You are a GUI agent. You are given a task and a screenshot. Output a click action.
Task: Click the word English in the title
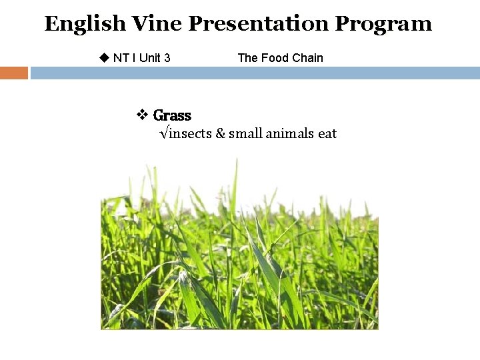coord(85,25)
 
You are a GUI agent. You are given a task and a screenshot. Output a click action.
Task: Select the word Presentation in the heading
coord(259,24)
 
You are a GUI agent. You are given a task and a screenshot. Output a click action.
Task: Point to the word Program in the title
coord(383,25)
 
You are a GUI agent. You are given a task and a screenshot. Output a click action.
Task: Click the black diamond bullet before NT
coord(103,57)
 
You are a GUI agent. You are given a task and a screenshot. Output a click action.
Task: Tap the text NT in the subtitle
coord(121,58)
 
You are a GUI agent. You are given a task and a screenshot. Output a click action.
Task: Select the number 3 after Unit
coord(167,58)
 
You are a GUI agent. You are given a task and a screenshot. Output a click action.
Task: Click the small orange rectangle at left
coord(14,73)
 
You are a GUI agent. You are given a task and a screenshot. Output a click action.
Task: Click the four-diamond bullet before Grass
coord(142,115)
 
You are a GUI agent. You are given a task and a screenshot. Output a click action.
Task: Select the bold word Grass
coord(172,115)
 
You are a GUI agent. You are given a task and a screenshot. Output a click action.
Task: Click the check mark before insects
coord(164,133)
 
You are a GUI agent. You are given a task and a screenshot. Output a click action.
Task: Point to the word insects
coord(190,133)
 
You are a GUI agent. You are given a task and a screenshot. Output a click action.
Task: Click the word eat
coord(327,133)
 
